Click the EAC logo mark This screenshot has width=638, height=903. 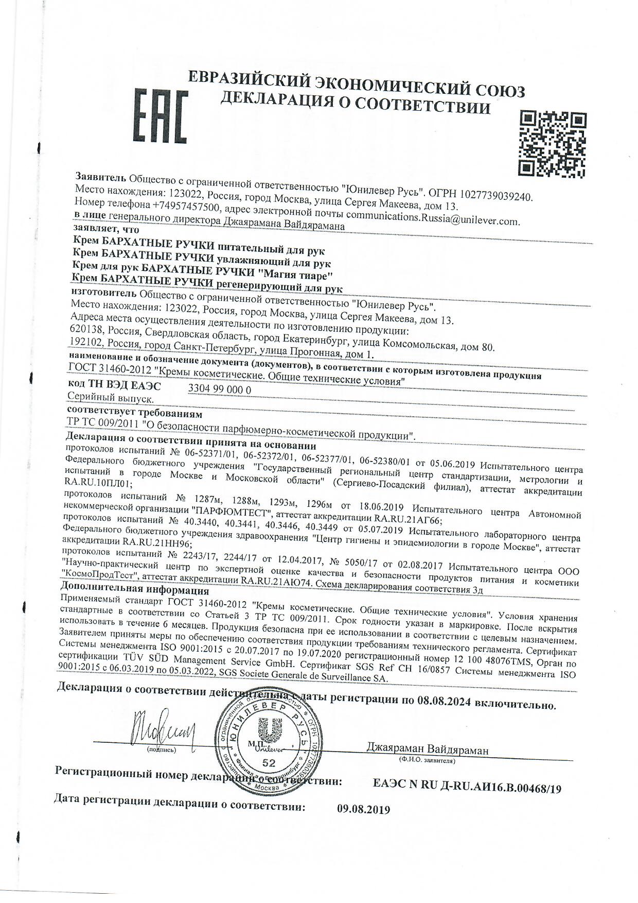(x=160, y=118)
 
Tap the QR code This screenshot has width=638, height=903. (x=553, y=143)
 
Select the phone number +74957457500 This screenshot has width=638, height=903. (x=178, y=208)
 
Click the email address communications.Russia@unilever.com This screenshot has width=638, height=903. (x=433, y=218)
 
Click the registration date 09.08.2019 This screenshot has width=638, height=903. (x=364, y=809)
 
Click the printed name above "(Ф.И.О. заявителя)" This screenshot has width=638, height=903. (x=428, y=749)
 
